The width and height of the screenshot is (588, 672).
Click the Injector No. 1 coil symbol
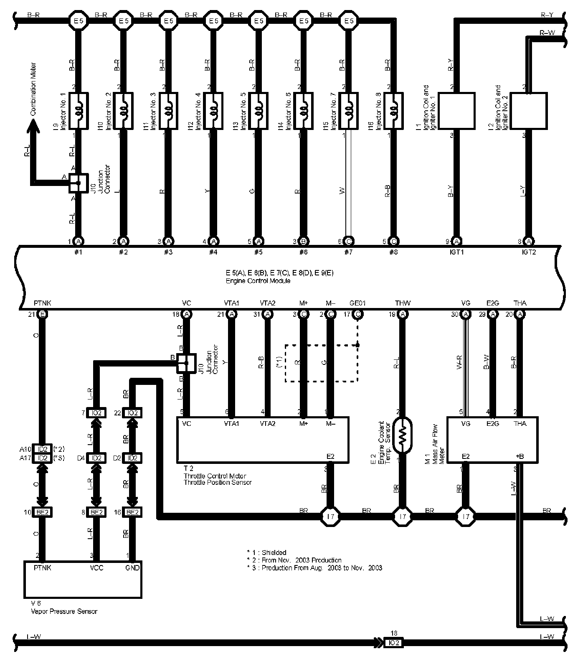pyautogui.click(x=78, y=110)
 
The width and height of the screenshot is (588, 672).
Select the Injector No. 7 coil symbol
pyautogui.click(x=348, y=110)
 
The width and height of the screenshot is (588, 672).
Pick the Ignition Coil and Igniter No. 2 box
pyautogui.click(x=529, y=111)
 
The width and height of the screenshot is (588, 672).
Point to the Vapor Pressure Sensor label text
pyautogui.click(x=63, y=611)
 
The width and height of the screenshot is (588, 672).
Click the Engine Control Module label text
pyautogui.click(x=258, y=281)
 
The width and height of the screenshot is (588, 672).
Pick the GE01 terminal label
pyautogui.click(x=357, y=303)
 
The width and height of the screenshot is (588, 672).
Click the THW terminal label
pyautogui.click(x=403, y=303)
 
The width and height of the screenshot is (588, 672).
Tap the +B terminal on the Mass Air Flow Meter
pyautogui.click(x=519, y=457)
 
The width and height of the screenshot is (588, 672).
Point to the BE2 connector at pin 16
pyautogui.click(x=132, y=512)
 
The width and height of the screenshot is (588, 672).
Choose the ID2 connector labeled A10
pyautogui.click(x=42, y=449)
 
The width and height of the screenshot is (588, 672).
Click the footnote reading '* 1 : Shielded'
pyautogui.click(x=266, y=552)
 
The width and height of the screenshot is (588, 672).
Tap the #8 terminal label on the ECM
pyautogui.click(x=393, y=252)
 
